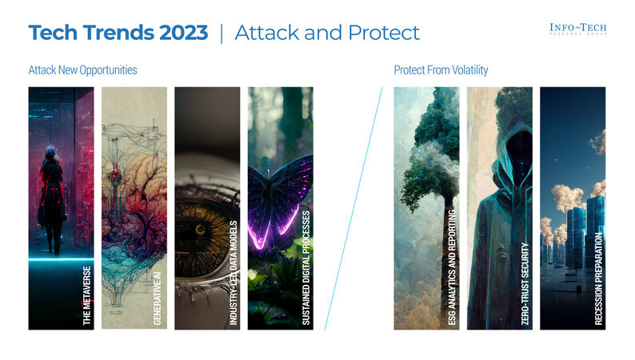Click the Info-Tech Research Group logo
point(577,30)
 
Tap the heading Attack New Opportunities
point(82,70)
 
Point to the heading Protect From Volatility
point(441,70)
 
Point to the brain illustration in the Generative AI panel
point(134,192)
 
